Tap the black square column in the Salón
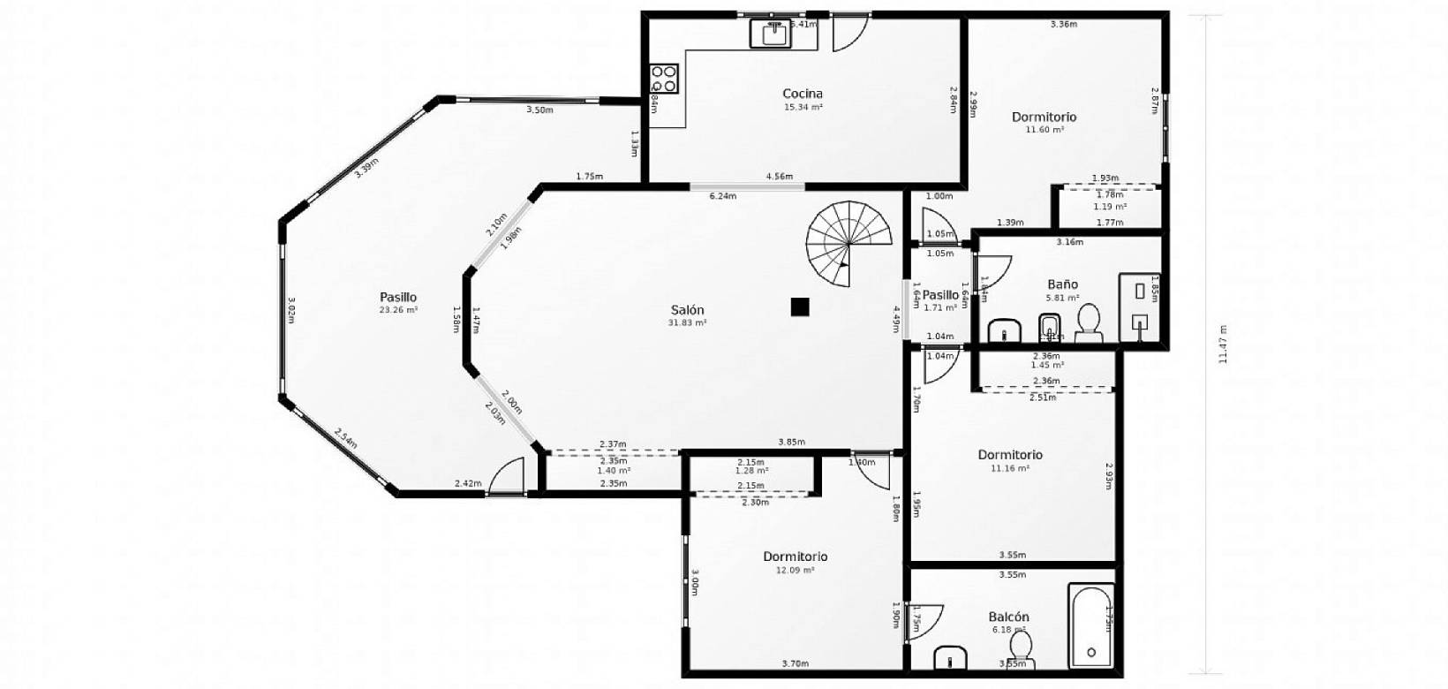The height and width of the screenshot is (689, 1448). click(x=800, y=307)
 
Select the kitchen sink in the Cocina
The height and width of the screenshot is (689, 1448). click(x=769, y=33)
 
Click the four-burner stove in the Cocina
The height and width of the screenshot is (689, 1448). click(x=665, y=79)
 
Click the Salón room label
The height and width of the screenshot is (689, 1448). click(x=687, y=310)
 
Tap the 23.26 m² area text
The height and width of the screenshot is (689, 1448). click(x=398, y=310)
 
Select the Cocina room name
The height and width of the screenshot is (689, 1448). click(x=803, y=94)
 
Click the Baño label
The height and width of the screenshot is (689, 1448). click(x=1062, y=284)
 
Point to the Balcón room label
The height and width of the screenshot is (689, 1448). click(x=1009, y=617)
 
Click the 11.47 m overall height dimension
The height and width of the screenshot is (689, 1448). click(x=1223, y=344)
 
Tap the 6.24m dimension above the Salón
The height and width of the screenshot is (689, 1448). click(x=722, y=196)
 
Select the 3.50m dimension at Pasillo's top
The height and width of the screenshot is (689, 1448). click(x=539, y=110)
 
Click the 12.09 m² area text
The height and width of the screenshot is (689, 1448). click(x=795, y=571)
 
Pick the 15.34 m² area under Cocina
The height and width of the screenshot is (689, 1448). click(x=803, y=107)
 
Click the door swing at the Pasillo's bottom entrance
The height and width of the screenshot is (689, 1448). click(x=506, y=478)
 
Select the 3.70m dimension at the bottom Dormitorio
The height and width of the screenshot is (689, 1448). click(x=795, y=663)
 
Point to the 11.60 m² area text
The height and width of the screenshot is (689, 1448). click(x=1044, y=130)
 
